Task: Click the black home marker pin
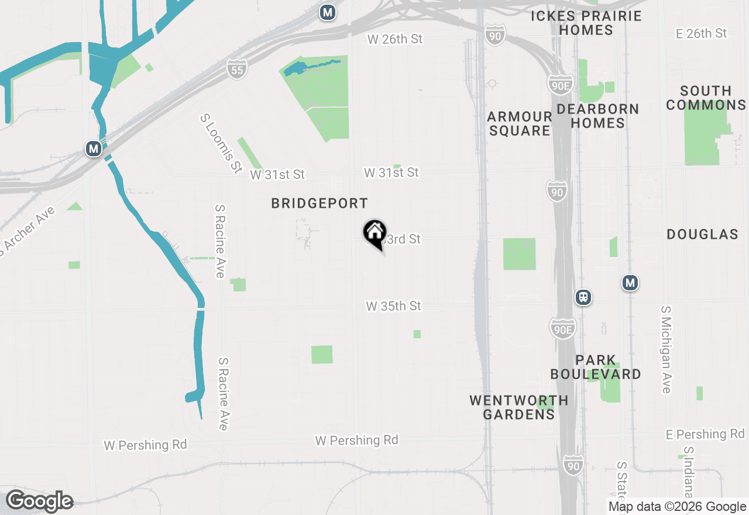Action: [374, 233]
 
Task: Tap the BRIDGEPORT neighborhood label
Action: [319, 204]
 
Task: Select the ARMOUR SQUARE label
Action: [520, 123]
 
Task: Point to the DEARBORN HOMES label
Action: [597, 116]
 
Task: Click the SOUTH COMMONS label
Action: [706, 98]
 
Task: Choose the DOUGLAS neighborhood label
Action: [702, 235]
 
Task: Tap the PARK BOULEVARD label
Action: [595, 367]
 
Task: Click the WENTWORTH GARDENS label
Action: [518, 407]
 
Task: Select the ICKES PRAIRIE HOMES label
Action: [586, 23]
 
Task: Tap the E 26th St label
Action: [701, 33]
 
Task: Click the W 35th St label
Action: [393, 306]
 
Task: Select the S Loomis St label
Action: [221, 143]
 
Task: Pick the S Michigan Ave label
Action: [666, 349]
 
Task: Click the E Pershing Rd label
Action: [705, 434]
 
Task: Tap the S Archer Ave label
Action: [27, 231]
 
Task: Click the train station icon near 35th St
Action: [583, 297]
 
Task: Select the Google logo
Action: [39, 501]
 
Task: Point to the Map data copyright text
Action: [677, 507]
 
